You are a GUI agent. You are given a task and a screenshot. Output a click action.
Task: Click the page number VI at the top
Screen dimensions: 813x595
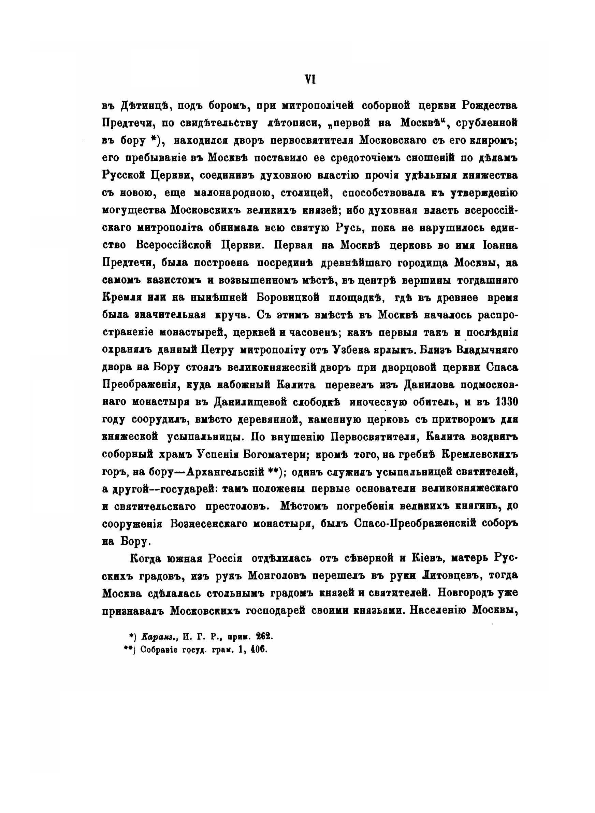[310, 79]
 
